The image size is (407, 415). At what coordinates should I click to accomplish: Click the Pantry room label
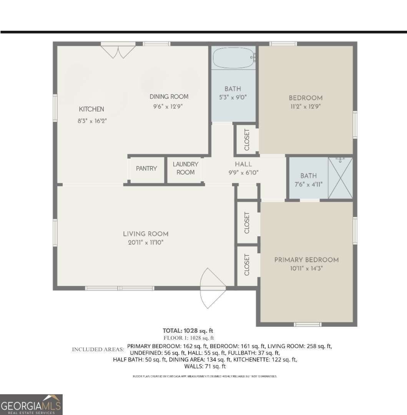tap(146, 168)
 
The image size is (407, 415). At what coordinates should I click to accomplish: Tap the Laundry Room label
tap(186, 168)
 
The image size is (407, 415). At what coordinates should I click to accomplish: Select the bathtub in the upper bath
tap(233, 58)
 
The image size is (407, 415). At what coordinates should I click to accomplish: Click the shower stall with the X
tap(340, 178)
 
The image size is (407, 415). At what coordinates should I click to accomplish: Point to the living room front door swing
tap(213, 289)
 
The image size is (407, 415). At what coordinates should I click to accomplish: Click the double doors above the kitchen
tap(118, 51)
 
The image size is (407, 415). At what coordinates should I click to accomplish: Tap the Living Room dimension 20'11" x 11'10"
tap(146, 242)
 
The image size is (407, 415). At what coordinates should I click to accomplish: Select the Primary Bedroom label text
tap(306, 260)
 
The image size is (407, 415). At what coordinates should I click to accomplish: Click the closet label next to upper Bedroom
tap(247, 139)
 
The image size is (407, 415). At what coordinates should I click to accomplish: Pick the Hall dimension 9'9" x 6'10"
tap(243, 173)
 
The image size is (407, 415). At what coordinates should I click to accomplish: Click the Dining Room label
tap(169, 97)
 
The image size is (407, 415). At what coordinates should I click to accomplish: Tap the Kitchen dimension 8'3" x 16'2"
tap(92, 121)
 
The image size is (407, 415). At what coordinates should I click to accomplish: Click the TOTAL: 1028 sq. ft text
tap(188, 330)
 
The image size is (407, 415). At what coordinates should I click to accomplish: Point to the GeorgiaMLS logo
tap(31, 405)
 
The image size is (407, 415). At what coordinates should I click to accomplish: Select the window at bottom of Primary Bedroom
tap(307, 324)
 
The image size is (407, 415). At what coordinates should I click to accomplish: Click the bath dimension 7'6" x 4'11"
tap(309, 184)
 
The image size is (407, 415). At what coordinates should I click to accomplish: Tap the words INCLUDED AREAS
tap(98, 349)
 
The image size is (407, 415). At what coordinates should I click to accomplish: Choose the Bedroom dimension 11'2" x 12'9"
tap(306, 106)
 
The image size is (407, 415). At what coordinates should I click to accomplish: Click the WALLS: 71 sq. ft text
tap(205, 366)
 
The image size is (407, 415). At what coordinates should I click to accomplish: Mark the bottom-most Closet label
tap(247, 265)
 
